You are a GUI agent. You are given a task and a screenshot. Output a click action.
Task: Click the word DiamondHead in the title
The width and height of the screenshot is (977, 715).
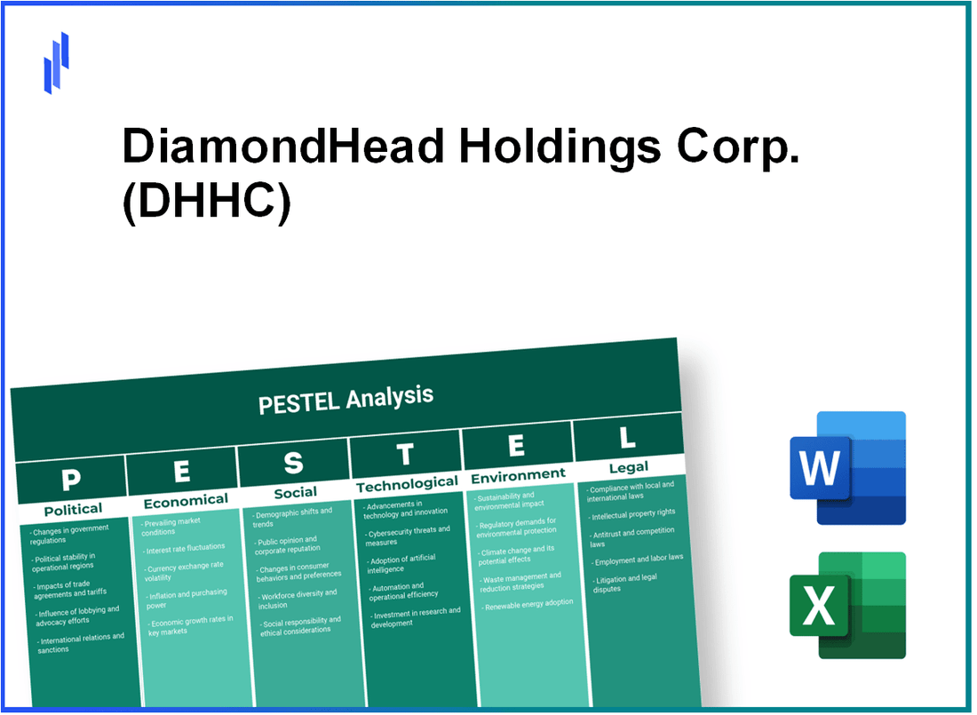(x=282, y=147)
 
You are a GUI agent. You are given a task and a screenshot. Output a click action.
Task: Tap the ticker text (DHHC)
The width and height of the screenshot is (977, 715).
(x=206, y=203)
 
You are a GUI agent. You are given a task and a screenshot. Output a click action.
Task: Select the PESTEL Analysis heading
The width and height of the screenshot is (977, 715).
(x=346, y=400)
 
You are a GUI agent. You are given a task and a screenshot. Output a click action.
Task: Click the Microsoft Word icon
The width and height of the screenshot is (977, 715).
(x=847, y=468)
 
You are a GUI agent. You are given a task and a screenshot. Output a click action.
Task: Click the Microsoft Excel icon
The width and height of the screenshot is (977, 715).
(x=847, y=606)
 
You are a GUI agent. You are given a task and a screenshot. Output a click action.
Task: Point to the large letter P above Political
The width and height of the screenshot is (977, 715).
(x=71, y=481)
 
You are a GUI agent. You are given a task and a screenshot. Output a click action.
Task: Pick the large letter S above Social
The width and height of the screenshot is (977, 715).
(x=293, y=463)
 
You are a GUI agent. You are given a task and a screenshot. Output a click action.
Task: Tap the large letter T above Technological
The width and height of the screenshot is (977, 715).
(x=405, y=455)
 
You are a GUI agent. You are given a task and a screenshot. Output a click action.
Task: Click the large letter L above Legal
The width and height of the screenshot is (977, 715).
(x=627, y=438)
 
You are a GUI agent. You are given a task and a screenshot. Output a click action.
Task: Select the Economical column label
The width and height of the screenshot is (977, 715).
(x=186, y=501)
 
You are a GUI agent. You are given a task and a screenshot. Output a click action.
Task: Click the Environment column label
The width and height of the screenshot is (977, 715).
(x=518, y=475)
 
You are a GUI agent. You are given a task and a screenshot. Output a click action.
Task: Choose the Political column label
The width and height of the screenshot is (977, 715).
(x=73, y=509)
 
